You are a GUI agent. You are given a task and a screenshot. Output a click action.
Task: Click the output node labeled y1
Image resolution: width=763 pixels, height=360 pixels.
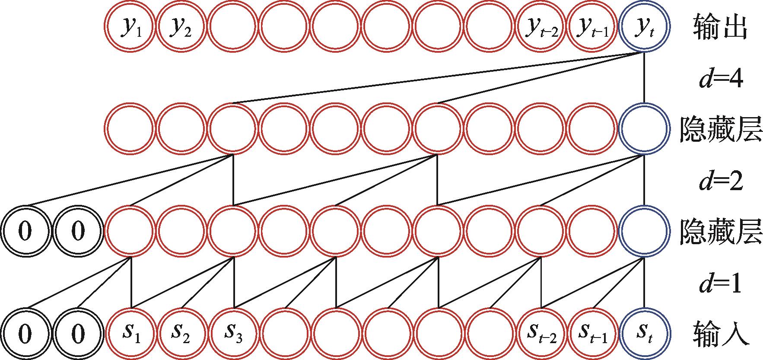tap(130, 26)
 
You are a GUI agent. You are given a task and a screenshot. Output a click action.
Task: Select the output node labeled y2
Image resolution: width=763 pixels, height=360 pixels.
tap(181, 26)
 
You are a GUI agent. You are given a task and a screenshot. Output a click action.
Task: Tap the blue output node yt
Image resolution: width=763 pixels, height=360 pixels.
tap(644, 26)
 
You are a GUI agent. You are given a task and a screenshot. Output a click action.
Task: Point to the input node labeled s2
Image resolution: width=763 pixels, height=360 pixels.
tap(181, 333)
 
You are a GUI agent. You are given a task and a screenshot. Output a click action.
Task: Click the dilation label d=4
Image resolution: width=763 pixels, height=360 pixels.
tap(720, 79)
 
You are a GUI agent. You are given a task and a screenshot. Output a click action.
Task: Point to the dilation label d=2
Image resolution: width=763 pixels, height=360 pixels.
tap(720, 181)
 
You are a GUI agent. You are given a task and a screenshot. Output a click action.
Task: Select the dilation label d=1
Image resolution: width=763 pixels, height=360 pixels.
tap(720, 284)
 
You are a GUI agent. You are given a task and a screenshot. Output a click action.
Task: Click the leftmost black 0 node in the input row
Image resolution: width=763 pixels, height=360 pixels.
tap(26, 333)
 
